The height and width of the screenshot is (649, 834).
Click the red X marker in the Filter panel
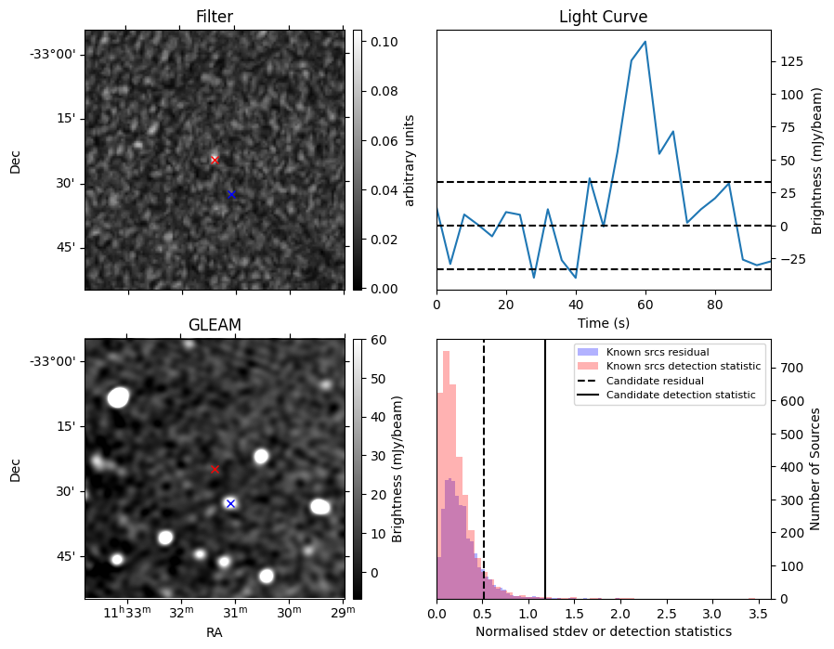(215, 160)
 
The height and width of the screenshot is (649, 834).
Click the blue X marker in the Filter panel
(231, 194)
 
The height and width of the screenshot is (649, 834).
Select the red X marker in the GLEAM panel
(215, 469)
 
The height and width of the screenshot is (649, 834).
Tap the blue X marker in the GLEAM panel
(230, 503)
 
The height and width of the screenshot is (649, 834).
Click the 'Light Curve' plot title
(603, 17)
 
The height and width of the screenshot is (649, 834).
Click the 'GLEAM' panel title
(215, 325)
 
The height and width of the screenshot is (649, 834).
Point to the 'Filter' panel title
(215, 17)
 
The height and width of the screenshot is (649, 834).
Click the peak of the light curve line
(645, 42)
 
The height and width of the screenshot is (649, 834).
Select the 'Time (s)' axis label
(603, 321)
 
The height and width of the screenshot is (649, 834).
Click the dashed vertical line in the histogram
(484, 464)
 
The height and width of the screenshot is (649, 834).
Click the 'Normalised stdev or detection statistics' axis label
(603, 631)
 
